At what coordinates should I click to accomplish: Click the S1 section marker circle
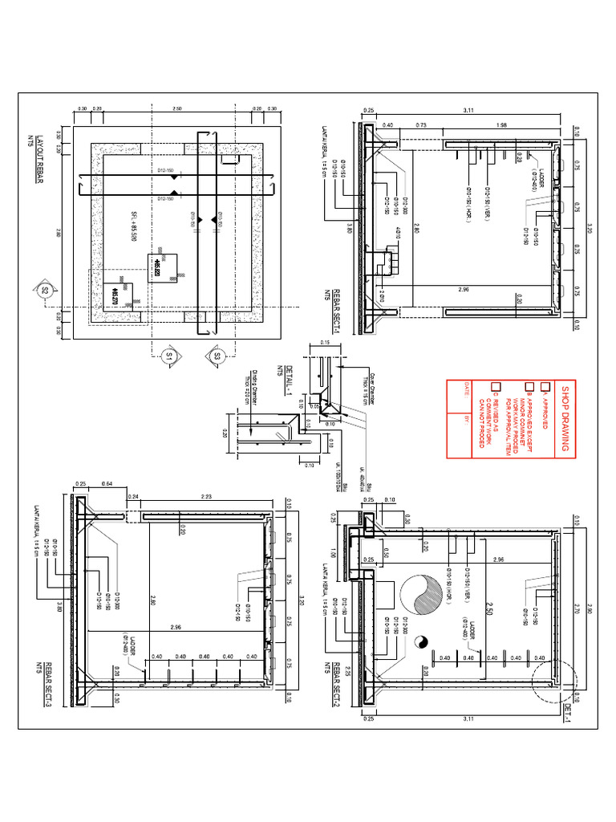(x=169, y=355)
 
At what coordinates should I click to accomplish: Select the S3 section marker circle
(x=217, y=355)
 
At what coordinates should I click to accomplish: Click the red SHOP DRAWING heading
(x=565, y=417)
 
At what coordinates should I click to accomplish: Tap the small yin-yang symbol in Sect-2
(x=419, y=641)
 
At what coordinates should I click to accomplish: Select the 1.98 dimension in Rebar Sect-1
(x=501, y=124)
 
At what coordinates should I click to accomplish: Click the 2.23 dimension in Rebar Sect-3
(x=208, y=497)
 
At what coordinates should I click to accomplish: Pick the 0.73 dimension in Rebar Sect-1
(x=419, y=124)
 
